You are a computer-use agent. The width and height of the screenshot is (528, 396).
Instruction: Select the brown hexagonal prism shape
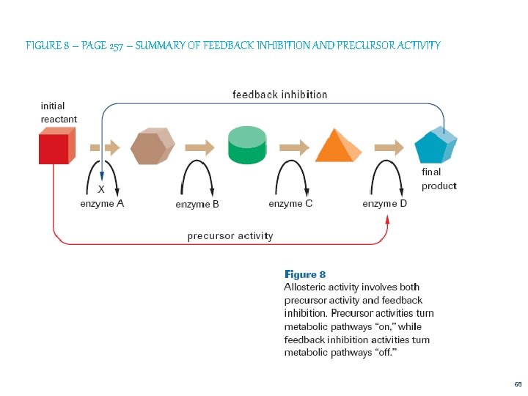coord(153,148)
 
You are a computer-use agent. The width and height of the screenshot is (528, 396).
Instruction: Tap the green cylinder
coord(246,145)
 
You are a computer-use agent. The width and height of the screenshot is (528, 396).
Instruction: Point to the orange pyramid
coord(338,146)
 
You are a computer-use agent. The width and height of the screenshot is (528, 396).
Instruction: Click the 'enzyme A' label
coord(102,204)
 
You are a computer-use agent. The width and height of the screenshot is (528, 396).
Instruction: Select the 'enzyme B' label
coord(197,205)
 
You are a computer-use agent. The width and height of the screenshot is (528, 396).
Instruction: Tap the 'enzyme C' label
coord(290,203)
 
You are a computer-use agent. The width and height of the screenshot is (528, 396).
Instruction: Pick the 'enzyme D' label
coord(384,204)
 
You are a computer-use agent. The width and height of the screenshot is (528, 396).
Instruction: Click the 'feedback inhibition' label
coord(280,95)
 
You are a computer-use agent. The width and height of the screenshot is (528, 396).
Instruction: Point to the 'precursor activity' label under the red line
coord(230,236)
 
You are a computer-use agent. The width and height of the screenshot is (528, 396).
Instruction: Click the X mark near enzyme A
coord(101,188)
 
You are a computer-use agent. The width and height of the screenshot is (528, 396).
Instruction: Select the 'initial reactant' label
coord(59,112)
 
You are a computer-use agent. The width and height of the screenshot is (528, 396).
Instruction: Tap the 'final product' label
coord(439,179)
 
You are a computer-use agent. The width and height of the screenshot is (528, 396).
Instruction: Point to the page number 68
coord(518,384)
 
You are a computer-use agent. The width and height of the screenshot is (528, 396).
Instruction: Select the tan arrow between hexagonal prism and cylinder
coord(199,147)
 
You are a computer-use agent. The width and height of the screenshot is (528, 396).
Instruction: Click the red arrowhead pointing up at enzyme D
coord(387,221)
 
